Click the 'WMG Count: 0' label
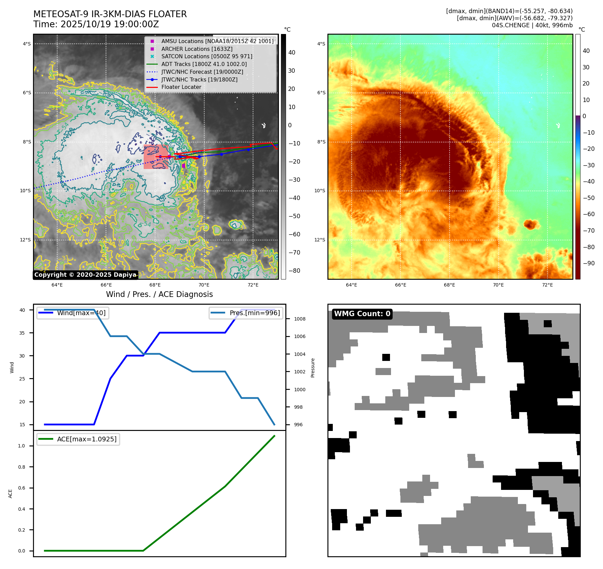(x=362, y=314)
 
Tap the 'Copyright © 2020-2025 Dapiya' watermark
(x=85, y=275)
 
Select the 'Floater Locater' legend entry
(x=181, y=87)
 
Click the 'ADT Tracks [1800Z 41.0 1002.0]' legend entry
(x=204, y=64)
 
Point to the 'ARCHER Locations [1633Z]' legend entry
(x=197, y=49)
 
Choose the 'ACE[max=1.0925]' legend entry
(x=87, y=439)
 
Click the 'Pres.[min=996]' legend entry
(x=254, y=313)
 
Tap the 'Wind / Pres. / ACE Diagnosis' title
(x=159, y=294)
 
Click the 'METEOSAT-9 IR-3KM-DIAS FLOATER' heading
(x=110, y=14)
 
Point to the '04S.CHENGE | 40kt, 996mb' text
(x=532, y=25)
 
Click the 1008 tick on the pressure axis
(x=299, y=319)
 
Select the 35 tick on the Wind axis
(x=22, y=333)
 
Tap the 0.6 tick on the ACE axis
(x=22, y=488)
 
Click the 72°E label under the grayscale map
(x=253, y=285)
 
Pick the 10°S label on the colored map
(x=320, y=191)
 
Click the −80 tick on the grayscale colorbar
(x=294, y=271)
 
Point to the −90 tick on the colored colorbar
(x=589, y=263)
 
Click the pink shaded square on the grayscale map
(x=156, y=157)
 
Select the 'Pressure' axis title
(x=313, y=368)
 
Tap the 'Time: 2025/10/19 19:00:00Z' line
(x=96, y=24)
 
